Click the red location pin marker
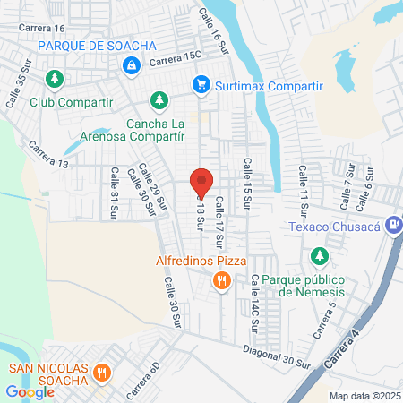tap(201, 182)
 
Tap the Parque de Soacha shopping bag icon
tap(132, 64)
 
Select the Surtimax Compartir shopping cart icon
tap(201, 86)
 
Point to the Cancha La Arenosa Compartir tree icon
tap(159, 99)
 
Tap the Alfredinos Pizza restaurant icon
tap(221, 282)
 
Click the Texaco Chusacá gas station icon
tap(391, 226)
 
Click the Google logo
tap(30, 391)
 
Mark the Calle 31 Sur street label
tap(114, 193)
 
